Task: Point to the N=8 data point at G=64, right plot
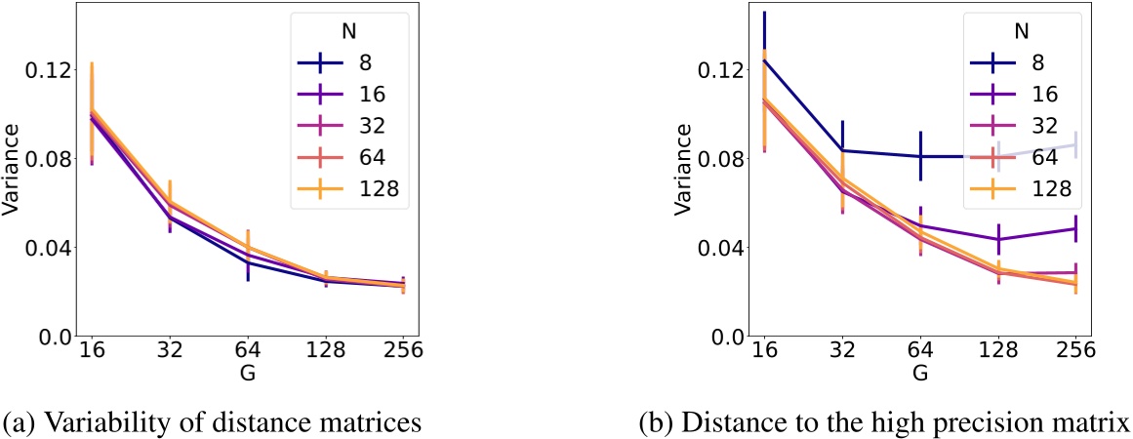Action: (x=919, y=156)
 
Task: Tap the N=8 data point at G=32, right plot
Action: (x=841, y=150)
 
